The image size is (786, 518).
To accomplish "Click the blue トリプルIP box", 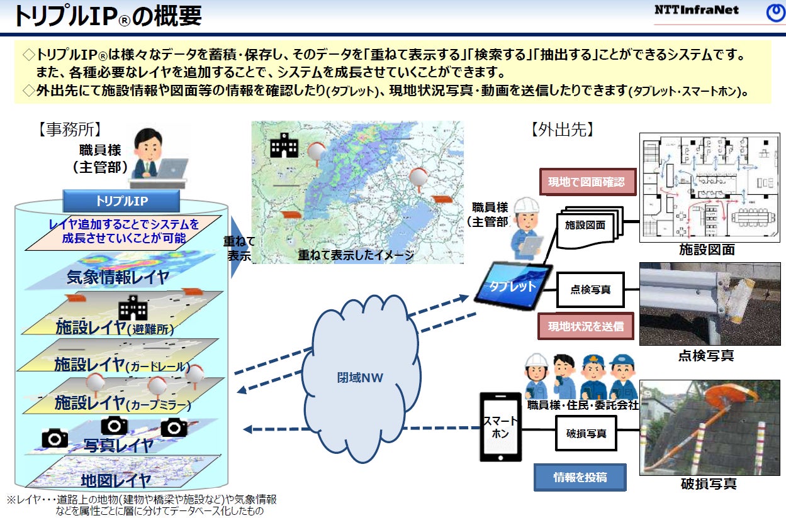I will tap(121, 201).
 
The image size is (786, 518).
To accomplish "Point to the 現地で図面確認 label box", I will tap(586, 182).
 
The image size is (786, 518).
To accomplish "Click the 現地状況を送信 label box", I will tap(585, 326).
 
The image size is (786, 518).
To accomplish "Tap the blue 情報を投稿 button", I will tap(580, 477).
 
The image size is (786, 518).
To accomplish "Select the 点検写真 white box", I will tap(590, 290).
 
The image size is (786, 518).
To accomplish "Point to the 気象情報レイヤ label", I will tap(118, 277).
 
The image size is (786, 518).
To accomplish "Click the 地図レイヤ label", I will tap(116, 481).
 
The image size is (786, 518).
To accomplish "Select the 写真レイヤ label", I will tap(118, 445).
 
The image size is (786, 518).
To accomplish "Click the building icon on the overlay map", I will tap(284, 146).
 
